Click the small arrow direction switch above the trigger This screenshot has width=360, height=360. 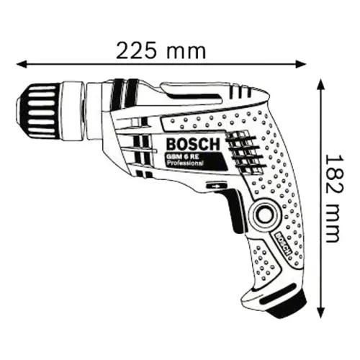215,186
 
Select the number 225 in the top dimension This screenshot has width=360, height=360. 140,51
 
